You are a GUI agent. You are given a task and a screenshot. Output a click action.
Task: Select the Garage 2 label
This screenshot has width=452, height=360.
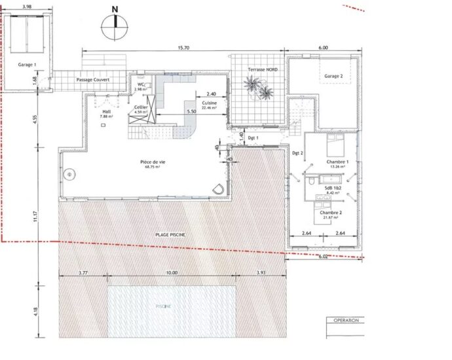pyautogui.click(x=333, y=76)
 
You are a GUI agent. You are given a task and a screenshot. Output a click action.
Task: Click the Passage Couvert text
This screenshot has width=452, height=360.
pyautogui.click(x=93, y=80)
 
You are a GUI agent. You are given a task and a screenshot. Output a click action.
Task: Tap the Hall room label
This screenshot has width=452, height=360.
pyautogui.click(x=107, y=113)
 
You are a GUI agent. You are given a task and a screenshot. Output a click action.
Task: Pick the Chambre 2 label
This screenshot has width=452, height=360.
pyautogui.click(x=332, y=213)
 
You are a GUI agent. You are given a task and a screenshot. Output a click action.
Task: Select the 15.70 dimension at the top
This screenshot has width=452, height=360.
pyautogui.click(x=183, y=48)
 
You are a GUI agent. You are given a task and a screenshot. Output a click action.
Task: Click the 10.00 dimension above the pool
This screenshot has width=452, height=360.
pyautogui.click(x=172, y=272)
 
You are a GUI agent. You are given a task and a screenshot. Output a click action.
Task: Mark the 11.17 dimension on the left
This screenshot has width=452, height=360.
pyautogui.click(x=37, y=215)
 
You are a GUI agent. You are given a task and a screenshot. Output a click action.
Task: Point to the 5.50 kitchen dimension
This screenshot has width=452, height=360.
pyautogui.click(x=191, y=112)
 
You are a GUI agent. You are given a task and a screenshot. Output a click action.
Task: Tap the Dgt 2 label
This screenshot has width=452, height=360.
pyautogui.click(x=297, y=153)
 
